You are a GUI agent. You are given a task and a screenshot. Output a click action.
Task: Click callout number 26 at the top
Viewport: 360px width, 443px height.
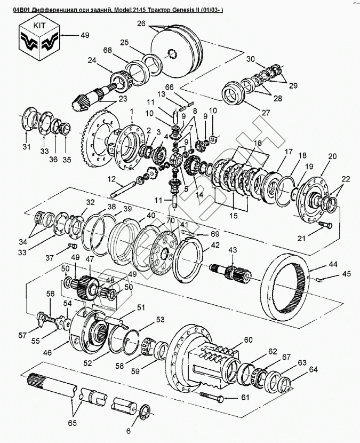point(141,23)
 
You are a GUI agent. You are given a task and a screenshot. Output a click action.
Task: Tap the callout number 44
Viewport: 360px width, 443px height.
point(332,264)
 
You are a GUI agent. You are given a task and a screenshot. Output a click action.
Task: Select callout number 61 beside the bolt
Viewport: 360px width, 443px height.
point(245,397)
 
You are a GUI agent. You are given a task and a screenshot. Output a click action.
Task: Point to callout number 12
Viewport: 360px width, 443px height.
point(111,178)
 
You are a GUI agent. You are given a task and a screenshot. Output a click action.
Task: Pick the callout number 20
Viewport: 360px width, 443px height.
point(332,156)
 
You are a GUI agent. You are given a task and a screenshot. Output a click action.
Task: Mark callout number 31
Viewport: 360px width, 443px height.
point(26,147)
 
